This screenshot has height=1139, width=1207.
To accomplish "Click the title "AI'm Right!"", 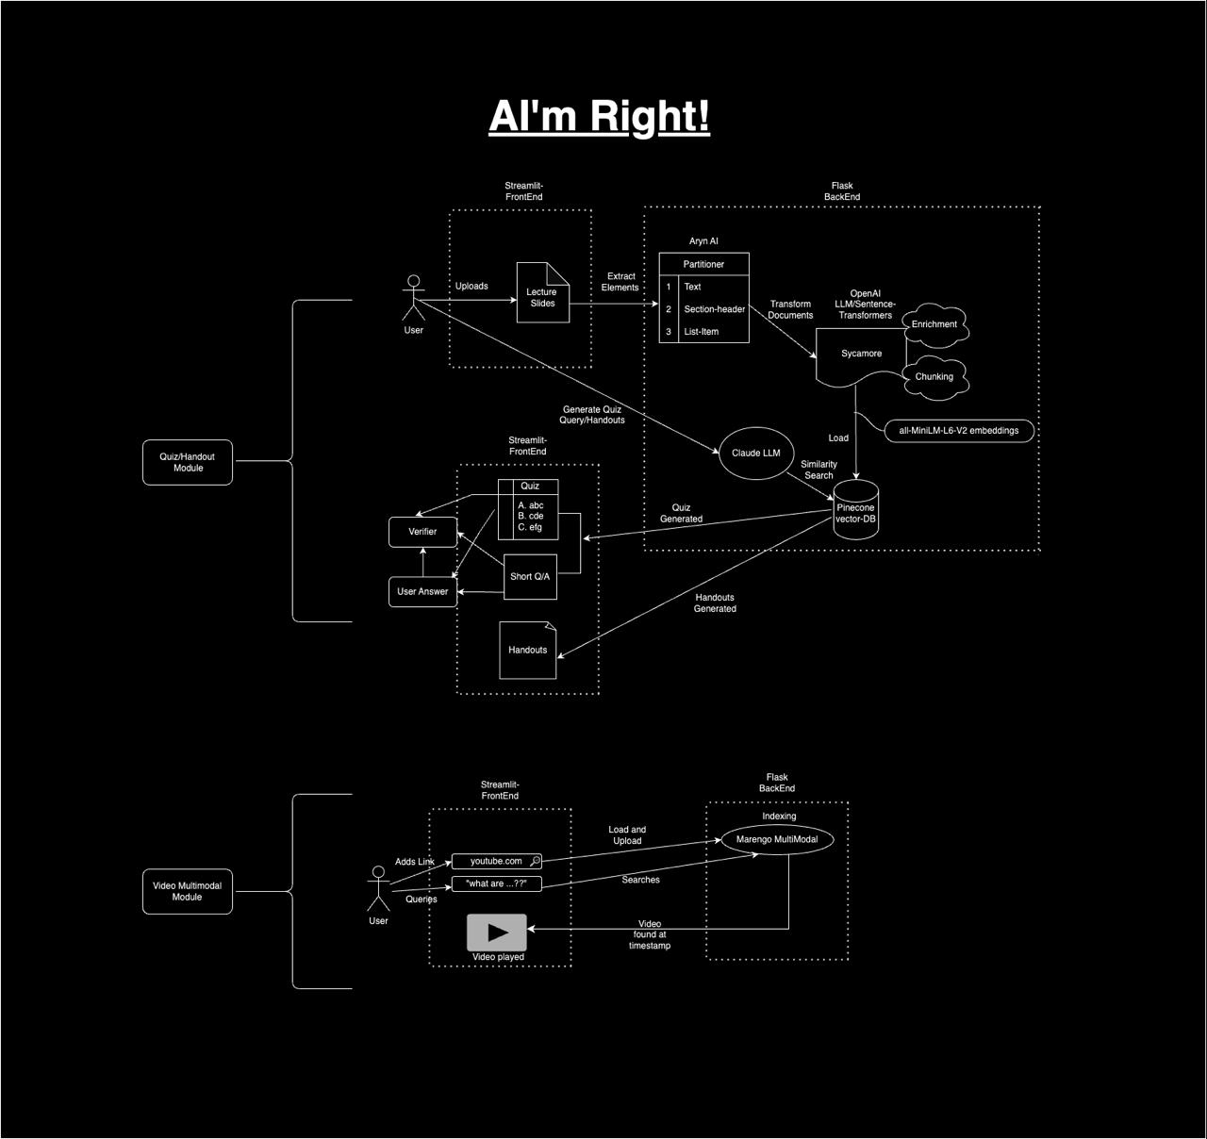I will coord(599,116).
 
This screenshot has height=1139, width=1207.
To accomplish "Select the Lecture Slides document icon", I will coord(542,295).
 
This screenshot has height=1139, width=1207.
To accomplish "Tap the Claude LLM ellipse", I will coord(755,453).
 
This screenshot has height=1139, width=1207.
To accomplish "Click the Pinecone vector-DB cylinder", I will coord(855,511).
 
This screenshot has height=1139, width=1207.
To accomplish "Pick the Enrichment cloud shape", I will coord(934,324).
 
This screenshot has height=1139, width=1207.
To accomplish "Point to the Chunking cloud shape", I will coord(934,376).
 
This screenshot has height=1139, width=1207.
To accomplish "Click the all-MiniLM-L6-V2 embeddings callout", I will coord(959,431).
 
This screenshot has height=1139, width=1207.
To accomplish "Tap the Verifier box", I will coord(422,532).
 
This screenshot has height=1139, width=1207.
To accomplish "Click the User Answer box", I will coord(422,592).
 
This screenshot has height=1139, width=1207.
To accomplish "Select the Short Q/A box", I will coord(530,577).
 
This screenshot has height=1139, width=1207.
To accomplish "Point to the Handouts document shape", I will coord(528,650).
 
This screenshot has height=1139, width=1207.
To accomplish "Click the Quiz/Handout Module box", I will coord(188,462).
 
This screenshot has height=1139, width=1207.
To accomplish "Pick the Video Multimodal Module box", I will coord(188,891).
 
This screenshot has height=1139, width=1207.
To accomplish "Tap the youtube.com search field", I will coord(496,861).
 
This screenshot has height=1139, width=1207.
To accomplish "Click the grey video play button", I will coord(497,933).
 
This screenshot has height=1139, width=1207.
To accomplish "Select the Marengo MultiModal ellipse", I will coord(777,839).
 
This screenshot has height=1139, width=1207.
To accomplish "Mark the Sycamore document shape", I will coord(861,355).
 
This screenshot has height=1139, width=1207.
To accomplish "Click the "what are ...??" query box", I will coord(496,883).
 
